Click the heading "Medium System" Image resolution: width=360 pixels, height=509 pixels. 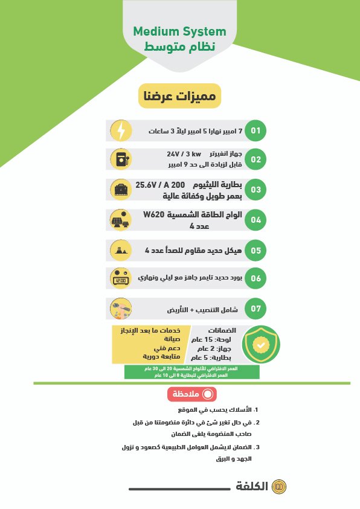(179, 31)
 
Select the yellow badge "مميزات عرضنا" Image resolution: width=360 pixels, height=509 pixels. (180, 96)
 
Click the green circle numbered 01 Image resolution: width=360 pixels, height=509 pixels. (256, 130)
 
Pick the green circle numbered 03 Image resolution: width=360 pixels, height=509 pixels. (256, 190)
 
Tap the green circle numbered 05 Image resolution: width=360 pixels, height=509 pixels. (256, 249)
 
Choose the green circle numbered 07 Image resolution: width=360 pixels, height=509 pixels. (256, 309)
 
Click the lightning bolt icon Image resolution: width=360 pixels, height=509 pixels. (121, 130)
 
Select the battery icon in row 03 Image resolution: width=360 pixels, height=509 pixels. (121, 190)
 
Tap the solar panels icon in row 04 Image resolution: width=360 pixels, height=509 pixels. (121, 220)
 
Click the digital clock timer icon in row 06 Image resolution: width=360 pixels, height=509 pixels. (121, 279)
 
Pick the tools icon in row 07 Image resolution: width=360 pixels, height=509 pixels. (121, 309)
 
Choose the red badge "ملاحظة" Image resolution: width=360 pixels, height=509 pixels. (191, 394)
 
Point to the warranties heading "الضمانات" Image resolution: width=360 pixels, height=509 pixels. (222, 330)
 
